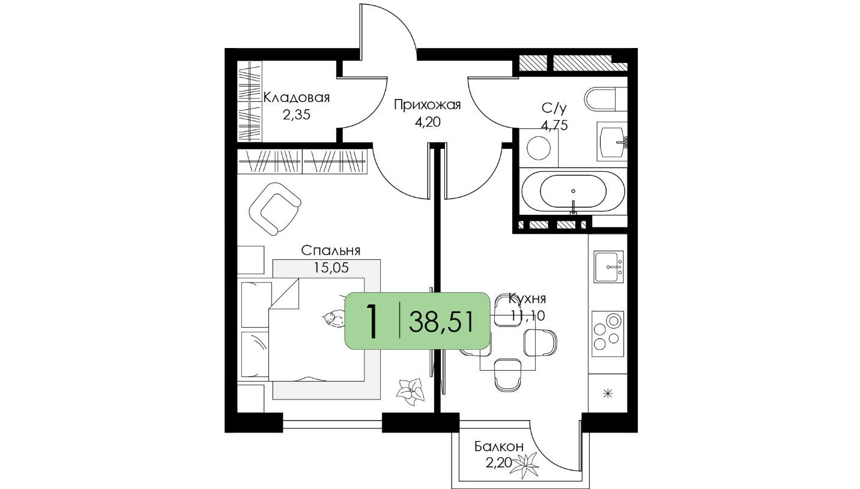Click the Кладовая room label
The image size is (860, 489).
297,97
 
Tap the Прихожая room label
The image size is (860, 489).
428,104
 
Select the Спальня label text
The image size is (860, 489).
330,250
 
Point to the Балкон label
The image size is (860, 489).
498,446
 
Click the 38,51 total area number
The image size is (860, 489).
441,322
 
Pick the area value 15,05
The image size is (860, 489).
331,268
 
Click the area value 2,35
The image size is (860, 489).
297,114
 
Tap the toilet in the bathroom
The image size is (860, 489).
605,99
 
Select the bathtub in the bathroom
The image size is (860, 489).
573,191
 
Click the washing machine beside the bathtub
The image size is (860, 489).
539,148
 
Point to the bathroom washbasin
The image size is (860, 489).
612,142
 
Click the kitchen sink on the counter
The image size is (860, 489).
608,267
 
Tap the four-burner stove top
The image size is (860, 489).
608,334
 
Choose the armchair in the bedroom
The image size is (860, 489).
274,209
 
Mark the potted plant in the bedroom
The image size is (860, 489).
411,392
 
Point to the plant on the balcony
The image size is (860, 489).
525,466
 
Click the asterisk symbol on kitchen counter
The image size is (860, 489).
608,394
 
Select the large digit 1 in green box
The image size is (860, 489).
371,322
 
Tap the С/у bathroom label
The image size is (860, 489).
554,109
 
